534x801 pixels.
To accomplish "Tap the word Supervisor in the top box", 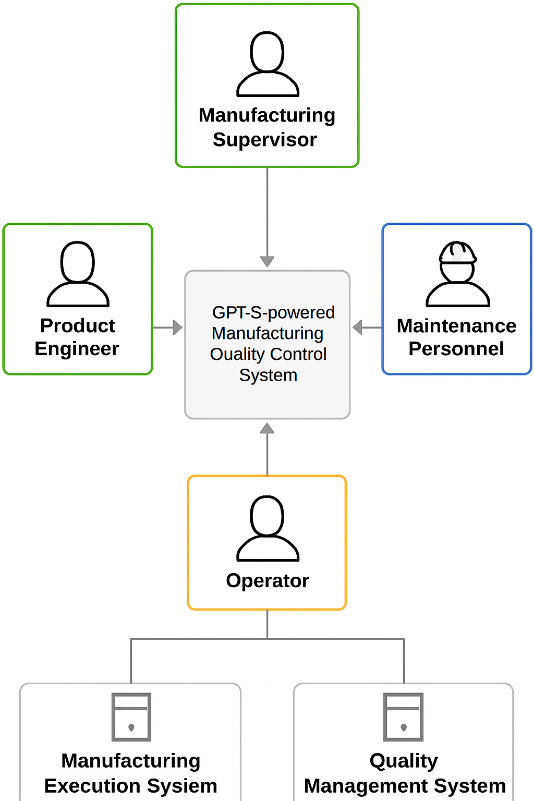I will [265, 140].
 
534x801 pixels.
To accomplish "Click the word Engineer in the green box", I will [77, 349].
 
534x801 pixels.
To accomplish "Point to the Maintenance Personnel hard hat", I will [457, 252].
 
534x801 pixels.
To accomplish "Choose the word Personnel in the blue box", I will [456, 349].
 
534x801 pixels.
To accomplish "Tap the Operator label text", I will [268, 581].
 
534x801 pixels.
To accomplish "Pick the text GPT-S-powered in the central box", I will [273, 312].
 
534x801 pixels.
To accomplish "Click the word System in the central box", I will [268, 375].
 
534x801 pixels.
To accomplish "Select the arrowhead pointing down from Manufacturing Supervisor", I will [267, 261].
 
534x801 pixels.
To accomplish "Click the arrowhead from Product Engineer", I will [177, 327].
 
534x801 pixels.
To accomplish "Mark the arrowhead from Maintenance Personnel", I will [357, 327].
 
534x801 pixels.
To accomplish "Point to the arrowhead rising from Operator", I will [267, 429].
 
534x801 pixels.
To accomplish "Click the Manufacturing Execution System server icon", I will [131, 717].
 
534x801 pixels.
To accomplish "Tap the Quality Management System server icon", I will [404, 717].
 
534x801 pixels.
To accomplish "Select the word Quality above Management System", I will [404, 761].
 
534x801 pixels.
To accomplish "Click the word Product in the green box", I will [78, 326].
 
